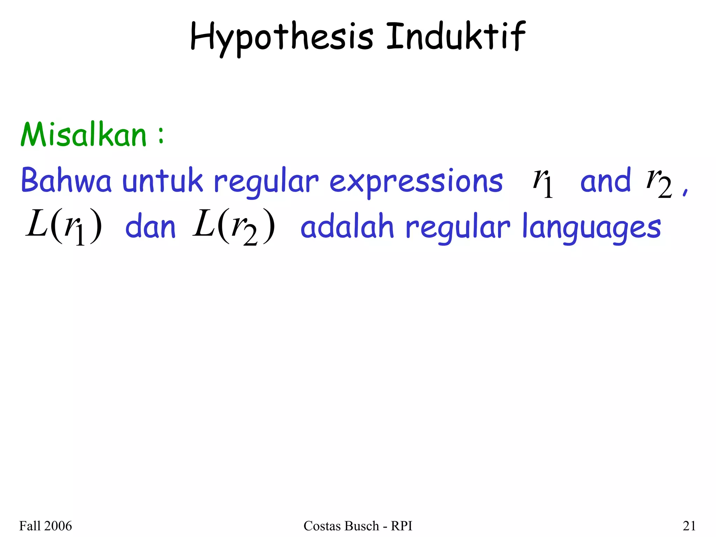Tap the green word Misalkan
(x=84, y=135)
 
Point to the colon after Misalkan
(x=160, y=136)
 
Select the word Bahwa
(x=66, y=181)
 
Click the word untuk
(x=163, y=181)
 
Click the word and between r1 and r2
(x=606, y=181)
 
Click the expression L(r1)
(x=64, y=227)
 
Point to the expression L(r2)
(x=234, y=227)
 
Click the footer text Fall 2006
(x=45, y=526)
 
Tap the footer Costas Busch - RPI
(x=358, y=526)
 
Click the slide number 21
(x=689, y=526)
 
